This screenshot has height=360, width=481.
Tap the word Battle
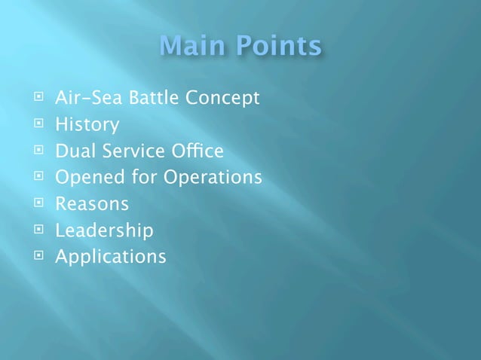(148, 98)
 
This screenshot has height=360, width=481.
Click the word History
(87, 125)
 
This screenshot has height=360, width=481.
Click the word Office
(198, 151)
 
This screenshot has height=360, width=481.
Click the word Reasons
(91, 203)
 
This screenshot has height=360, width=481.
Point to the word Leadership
(104, 230)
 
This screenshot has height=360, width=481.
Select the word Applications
(110, 257)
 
